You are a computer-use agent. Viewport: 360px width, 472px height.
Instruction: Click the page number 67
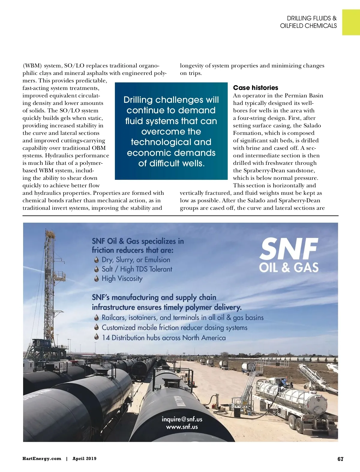tap(340, 459)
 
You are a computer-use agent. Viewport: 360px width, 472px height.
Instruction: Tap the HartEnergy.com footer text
tap(42, 459)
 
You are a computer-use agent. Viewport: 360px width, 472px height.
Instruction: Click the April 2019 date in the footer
tap(84, 459)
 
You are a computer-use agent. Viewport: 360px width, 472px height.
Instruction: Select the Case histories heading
tap(256, 88)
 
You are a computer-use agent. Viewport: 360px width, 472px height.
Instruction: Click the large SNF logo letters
tap(289, 249)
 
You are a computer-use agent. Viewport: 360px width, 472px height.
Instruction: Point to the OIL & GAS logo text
tap(289, 267)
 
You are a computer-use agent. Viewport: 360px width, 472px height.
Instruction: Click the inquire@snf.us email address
tap(182, 419)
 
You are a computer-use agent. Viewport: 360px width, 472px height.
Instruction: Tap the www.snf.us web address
tap(182, 427)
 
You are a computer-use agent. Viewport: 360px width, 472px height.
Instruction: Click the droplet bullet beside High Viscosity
tap(97, 279)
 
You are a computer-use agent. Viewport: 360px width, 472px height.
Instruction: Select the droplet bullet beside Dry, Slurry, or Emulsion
tap(97, 260)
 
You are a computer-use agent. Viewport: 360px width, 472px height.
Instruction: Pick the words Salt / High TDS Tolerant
tap(137, 269)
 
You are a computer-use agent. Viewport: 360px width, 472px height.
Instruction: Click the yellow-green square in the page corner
tap(351, 22)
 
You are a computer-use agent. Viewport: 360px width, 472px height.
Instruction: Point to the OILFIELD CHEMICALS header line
tap(308, 26)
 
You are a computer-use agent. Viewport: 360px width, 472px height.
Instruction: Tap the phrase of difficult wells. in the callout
tap(171, 163)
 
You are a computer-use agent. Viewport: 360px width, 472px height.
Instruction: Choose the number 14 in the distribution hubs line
tap(106, 338)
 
